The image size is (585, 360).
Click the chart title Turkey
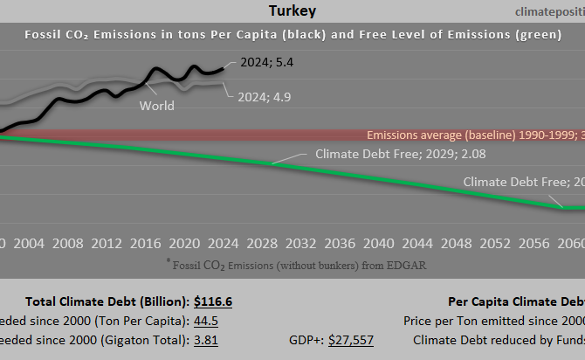[x=292, y=11]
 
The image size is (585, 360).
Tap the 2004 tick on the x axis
[x=30, y=242]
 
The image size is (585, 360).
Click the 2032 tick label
[x=300, y=242]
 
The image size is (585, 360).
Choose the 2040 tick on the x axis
[x=377, y=242]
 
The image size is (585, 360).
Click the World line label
[x=156, y=106]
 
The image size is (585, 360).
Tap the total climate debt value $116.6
[x=213, y=301]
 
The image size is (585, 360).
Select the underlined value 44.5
[x=207, y=321]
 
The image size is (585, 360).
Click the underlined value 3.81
[x=207, y=340]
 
